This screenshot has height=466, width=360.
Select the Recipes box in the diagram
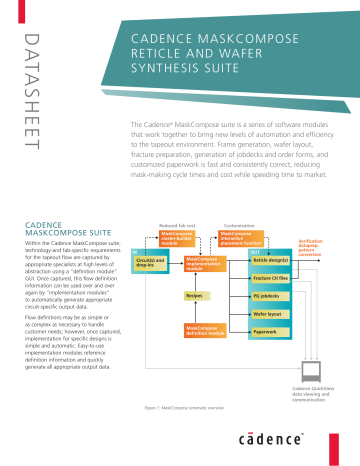[195, 296]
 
